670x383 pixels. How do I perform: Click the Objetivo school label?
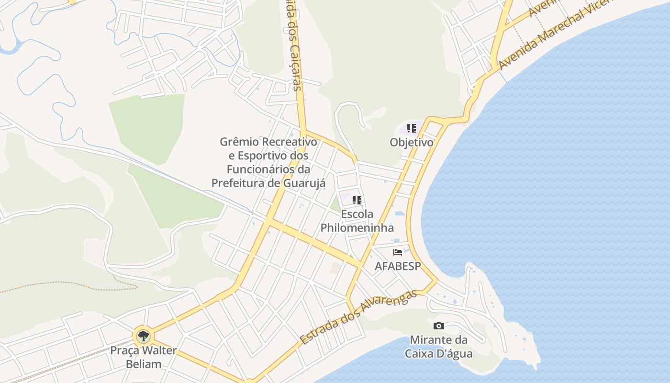(x=411, y=142)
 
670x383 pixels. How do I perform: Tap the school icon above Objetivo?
(x=411, y=128)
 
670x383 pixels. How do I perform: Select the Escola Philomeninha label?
(x=357, y=221)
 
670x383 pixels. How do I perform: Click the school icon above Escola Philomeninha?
(x=357, y=200)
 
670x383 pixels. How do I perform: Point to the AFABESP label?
(x=398, y=266)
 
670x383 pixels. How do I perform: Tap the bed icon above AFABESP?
(x=398, y=252)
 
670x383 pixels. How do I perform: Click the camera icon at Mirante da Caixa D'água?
(x=438, y=326)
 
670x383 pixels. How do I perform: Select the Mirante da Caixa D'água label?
(x=438, y=347)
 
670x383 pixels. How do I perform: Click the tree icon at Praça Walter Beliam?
(x=143, y=336)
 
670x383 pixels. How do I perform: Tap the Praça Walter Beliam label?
(x=143, y=357)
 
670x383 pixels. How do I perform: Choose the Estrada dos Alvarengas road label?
(x=358, y=316)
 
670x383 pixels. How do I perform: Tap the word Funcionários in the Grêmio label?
(x=262, y=169)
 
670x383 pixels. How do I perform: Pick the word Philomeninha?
(x=357, y=227)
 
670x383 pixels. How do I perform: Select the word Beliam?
(x=143, y=364)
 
